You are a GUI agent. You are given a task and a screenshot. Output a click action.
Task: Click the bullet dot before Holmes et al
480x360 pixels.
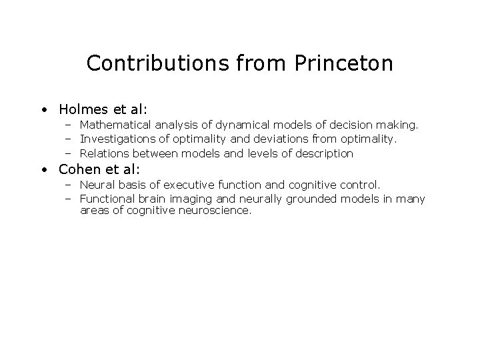43,109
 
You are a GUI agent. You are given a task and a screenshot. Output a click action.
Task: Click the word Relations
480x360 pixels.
104,153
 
